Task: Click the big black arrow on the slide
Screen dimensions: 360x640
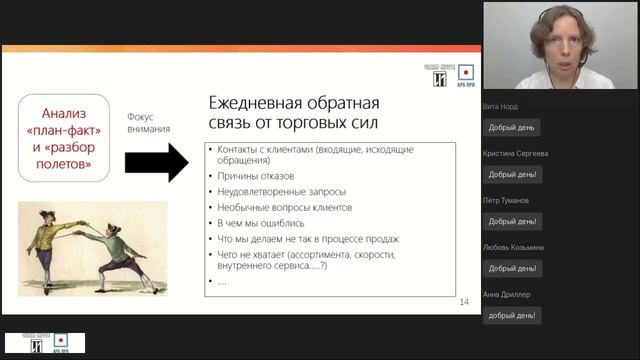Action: [156, 161]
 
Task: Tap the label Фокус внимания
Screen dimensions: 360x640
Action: [148, 122]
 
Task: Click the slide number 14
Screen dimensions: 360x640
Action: [463, 302]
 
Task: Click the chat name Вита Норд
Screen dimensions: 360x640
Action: [503, 107]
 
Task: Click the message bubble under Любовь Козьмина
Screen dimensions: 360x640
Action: [513, 268]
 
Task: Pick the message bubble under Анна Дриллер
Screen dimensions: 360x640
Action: [513, 315]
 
